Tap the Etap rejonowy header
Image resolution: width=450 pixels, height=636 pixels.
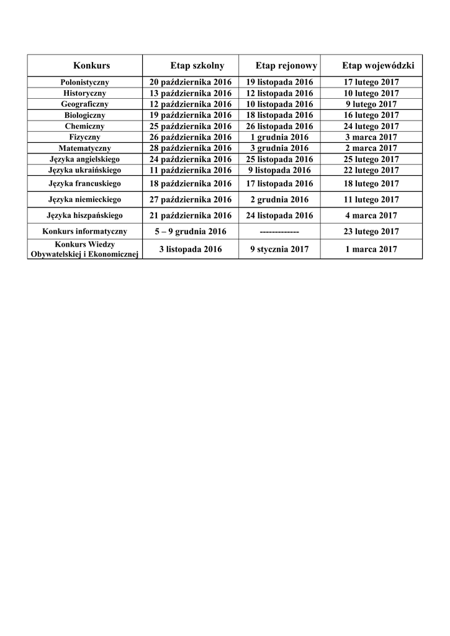click(286, 65)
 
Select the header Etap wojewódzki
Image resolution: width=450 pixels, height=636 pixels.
click(377, 65)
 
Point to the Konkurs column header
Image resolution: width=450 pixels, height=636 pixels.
click(91, 65)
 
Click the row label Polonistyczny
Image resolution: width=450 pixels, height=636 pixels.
click(85, 82)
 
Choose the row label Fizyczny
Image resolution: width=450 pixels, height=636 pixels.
click(85, 137)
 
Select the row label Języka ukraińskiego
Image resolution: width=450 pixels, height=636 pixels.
click(85, 170)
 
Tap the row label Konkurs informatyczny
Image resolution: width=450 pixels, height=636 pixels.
click(85, 232)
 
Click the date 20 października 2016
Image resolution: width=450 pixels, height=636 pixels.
click(191, 82)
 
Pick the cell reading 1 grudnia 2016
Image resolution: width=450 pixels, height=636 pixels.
click(279, 137)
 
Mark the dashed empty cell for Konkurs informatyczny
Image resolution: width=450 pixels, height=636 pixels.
click(279, 232)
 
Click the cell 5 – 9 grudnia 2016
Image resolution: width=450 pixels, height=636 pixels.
click(191, 232)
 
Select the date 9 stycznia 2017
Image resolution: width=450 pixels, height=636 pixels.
click(279, 249)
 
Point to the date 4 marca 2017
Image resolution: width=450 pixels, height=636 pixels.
click(371, 216)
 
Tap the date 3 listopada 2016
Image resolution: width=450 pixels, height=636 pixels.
click(191, 249)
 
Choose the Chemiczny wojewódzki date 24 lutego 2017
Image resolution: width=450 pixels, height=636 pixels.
click(371, 126)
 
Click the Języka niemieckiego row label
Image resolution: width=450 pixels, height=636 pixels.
click(85, 199)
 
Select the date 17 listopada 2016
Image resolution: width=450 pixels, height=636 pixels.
click(279, 184)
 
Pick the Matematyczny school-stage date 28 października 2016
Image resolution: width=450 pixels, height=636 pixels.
click(191, 148)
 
